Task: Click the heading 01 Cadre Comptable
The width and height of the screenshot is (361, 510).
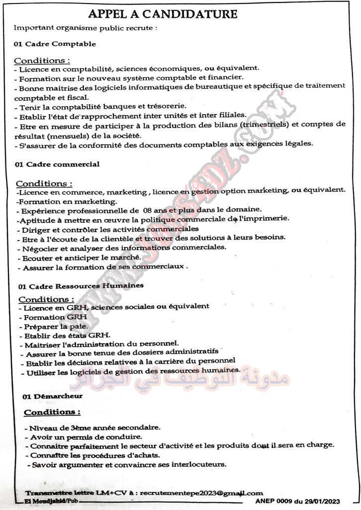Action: [x=55, y=44]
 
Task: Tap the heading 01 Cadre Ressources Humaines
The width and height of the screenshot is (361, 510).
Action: [x=81, y=286]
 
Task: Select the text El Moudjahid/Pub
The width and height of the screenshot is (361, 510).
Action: [x=52, y=500]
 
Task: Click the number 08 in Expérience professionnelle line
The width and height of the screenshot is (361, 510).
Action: [x=149, y=210]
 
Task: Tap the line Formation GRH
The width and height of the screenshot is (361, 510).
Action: [x=55, y=317]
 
